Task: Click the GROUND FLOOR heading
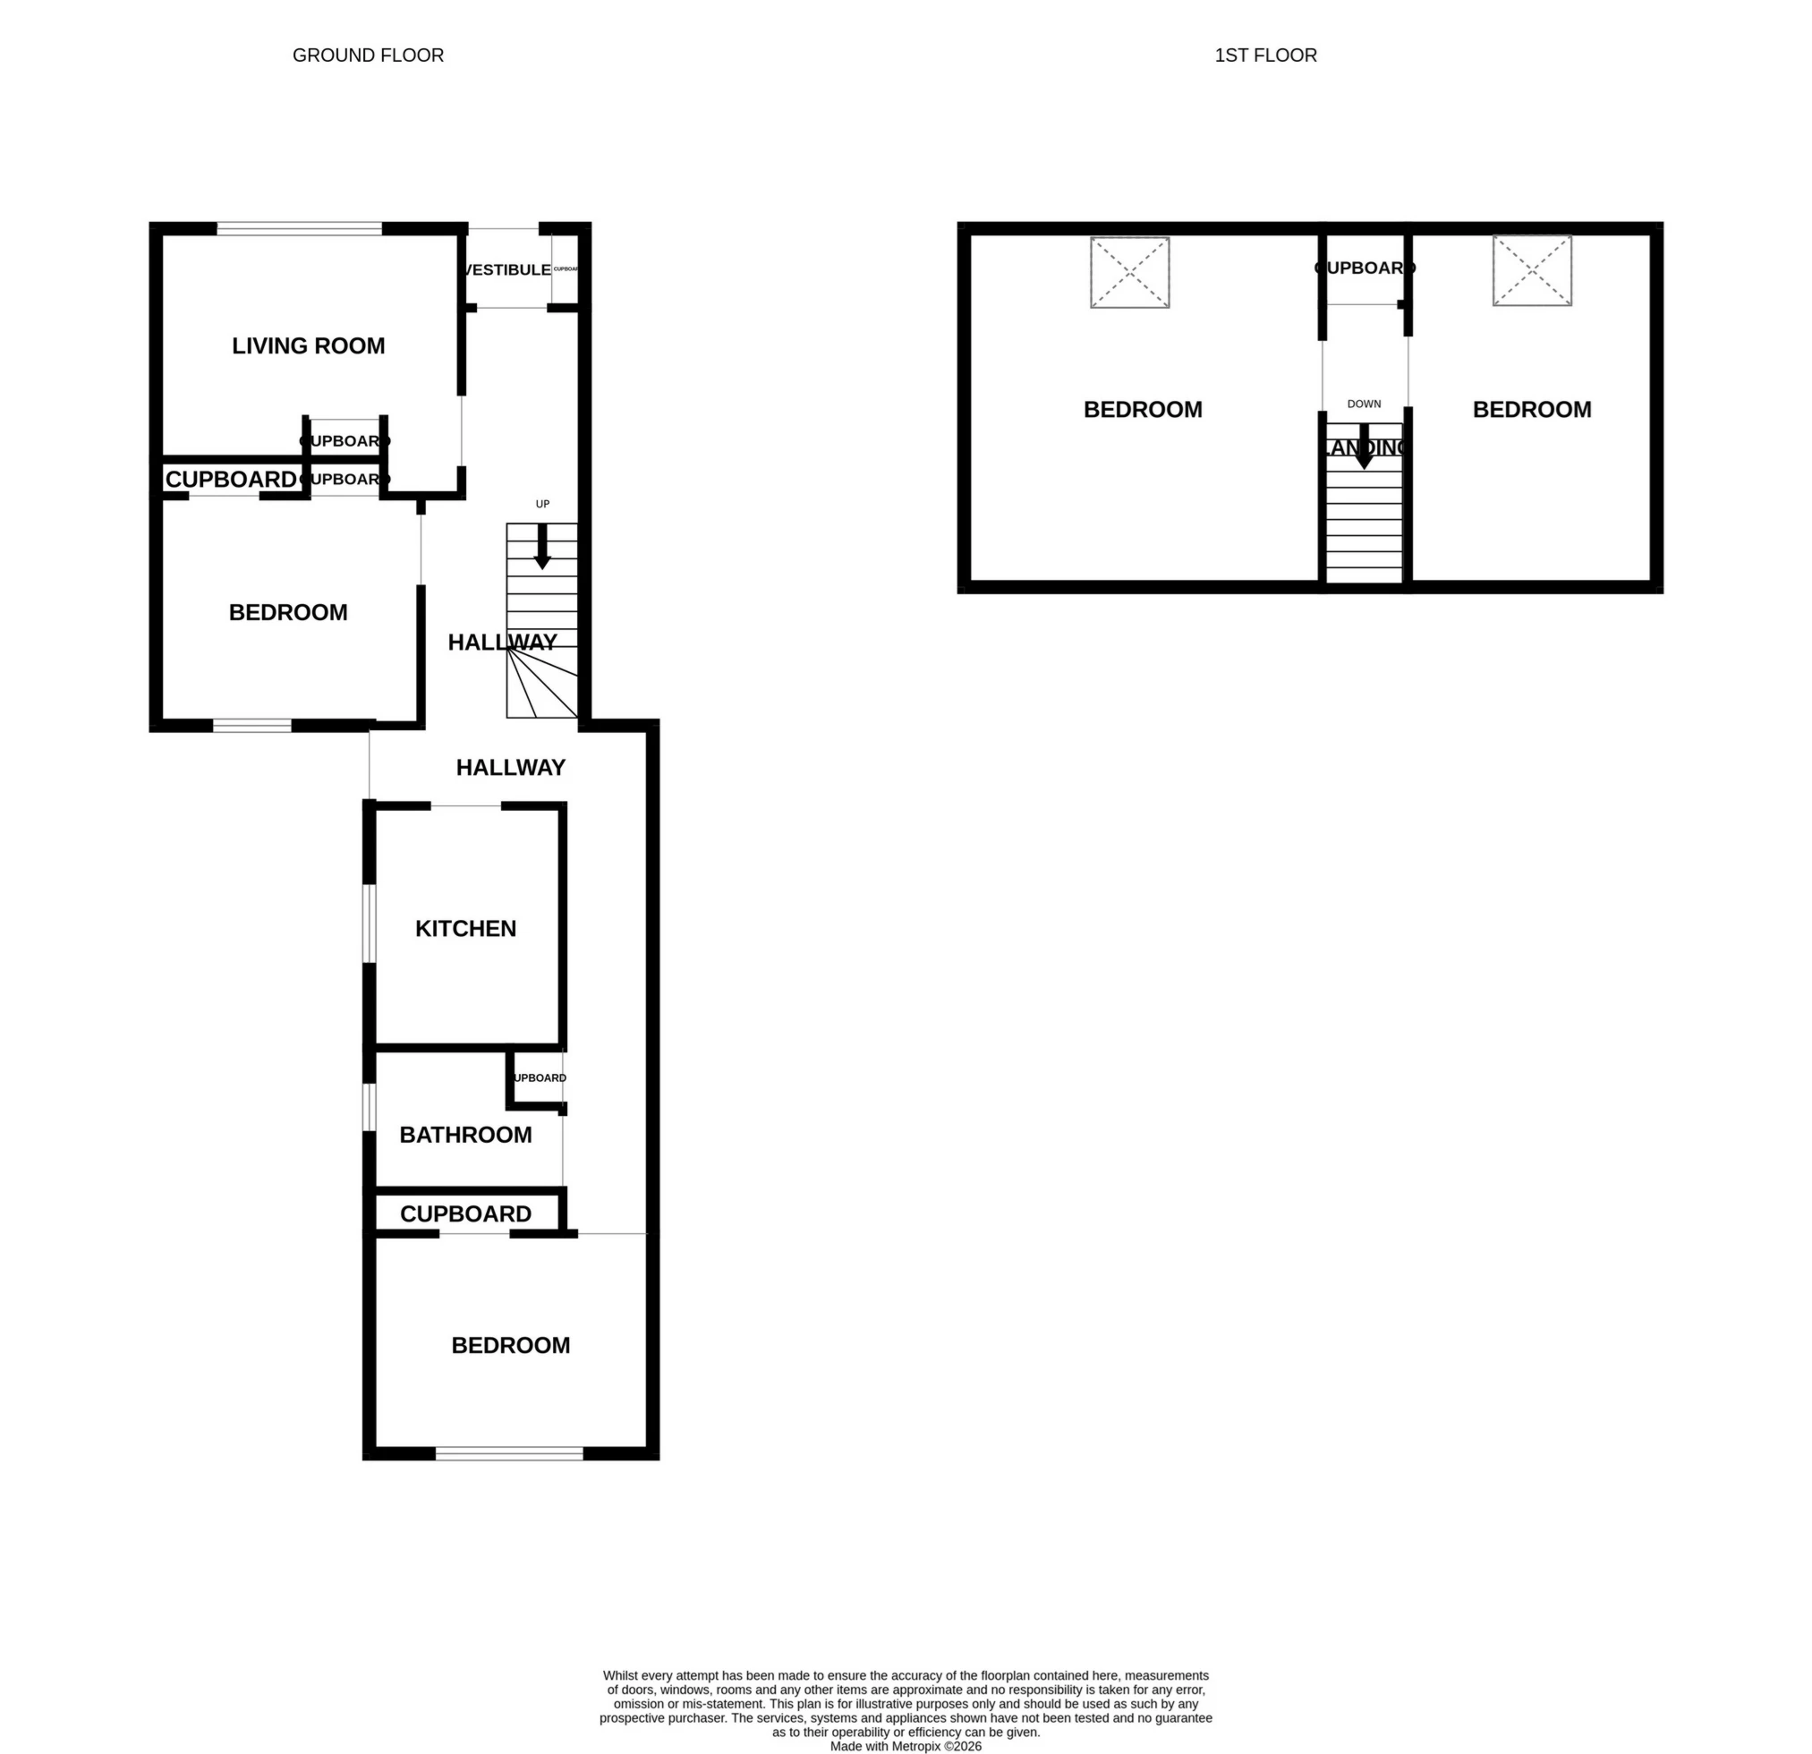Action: point(368,55)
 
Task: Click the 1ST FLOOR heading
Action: point(1264,55)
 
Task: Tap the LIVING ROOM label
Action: point(308,345)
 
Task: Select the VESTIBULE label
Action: point(506,270)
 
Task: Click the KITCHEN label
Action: point(465,928)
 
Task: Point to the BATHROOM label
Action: point(465,1135)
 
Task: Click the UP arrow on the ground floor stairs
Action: point(542,546)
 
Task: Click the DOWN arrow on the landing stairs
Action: point(1364,447)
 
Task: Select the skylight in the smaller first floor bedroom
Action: point(1531,271)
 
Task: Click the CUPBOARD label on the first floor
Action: point(1364,268)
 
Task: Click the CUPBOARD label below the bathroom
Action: point(465,1214)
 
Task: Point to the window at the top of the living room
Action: point(300,228)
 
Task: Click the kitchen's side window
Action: point(369,924)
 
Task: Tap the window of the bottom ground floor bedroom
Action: point(509,1453)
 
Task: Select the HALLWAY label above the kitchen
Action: point(510,768)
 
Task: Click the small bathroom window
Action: point(369,1107)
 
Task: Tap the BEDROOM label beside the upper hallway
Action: point(287,612)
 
